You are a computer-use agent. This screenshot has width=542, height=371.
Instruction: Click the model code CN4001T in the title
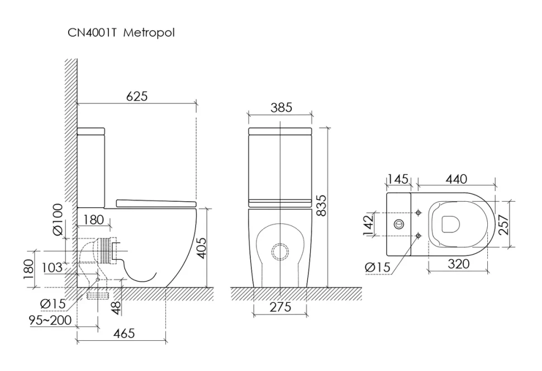(92, 34)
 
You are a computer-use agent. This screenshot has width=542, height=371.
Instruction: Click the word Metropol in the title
(149, 34)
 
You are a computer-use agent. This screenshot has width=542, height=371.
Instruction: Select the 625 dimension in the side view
(136, 96)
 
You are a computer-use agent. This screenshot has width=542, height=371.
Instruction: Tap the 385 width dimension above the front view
(281, 108)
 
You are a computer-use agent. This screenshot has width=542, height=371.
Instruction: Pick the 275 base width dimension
(280, 307)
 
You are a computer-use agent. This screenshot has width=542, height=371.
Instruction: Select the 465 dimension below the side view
(124, 333)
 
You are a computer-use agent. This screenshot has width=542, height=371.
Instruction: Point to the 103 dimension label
(52, 268)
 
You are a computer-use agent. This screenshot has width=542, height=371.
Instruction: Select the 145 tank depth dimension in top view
(398, 179)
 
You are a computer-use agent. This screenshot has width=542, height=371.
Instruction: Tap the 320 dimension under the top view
(458, 265)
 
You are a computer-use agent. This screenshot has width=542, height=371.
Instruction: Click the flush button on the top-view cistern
(398, 224)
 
